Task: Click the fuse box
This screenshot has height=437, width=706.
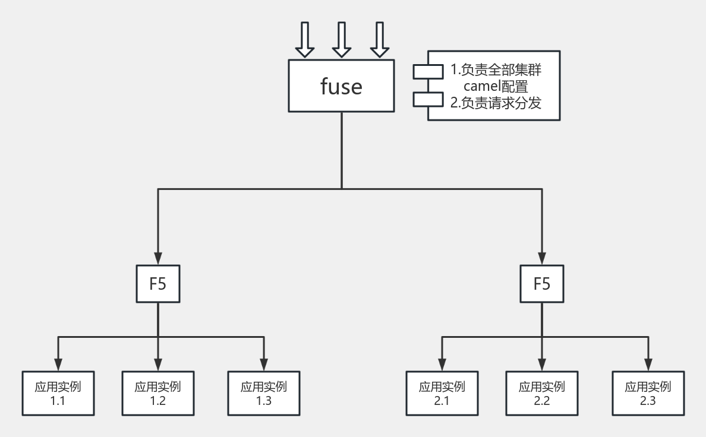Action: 341,85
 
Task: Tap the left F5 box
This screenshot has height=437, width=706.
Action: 157,284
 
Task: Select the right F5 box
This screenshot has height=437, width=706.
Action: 541,284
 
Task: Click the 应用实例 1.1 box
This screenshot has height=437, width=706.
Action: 58,393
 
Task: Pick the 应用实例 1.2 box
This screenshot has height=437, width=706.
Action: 157,393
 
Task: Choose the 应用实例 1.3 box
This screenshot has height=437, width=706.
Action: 263,393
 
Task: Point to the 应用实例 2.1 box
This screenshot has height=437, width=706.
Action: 442,393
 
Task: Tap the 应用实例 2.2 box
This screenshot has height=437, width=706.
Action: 541,393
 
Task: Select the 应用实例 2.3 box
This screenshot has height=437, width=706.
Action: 648,393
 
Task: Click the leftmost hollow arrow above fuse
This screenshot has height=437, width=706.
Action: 304,39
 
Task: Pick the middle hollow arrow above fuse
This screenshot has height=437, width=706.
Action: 342,39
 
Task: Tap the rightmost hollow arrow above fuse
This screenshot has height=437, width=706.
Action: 379,39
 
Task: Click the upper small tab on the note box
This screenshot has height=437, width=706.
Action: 428,71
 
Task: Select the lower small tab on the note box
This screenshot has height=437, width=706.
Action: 428,99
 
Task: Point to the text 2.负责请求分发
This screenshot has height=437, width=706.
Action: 496,102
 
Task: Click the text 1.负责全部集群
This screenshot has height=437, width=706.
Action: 496,70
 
